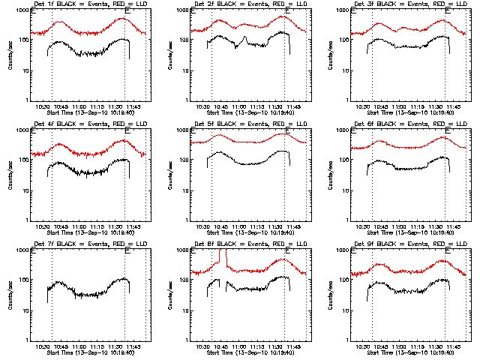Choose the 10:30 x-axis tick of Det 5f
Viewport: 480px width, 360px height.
pos(204,226)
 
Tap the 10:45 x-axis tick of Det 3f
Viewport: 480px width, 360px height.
pos(380,106)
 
